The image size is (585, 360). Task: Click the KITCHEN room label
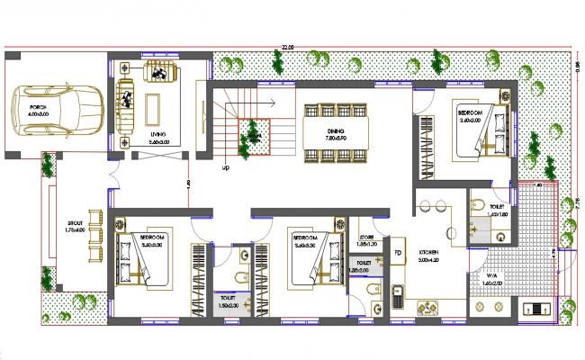[x=427, y=253]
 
